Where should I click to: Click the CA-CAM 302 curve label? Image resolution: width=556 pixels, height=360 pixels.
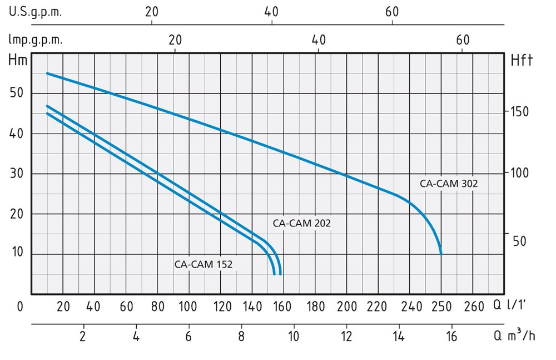(449, 183)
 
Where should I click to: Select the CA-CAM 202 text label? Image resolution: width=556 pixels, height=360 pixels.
(302, 223)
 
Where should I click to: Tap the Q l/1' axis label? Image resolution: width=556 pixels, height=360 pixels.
(513, 305)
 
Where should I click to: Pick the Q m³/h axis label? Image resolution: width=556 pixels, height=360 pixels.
(514, 336)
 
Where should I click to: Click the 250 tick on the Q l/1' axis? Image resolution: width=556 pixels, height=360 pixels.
(441, 305)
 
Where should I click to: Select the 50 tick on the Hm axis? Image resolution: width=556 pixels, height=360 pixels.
(17, 93)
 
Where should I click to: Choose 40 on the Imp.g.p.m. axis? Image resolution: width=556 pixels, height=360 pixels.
(319, 40)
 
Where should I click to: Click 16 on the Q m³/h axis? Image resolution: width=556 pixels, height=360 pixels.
(450, 336)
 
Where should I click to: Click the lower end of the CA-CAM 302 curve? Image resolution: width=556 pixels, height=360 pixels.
(441, 253)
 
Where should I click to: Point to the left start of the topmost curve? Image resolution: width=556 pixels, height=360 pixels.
(47, 73)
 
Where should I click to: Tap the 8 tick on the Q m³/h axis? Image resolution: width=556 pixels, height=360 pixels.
(241, 336)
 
